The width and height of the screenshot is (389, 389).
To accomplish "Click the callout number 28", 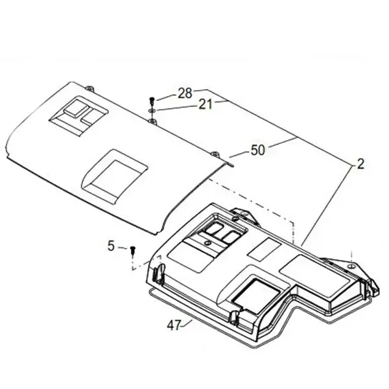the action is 185,93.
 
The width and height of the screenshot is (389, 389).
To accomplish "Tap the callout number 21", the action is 206,104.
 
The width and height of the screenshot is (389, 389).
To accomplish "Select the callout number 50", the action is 258,150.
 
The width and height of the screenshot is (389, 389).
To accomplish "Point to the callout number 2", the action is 360,164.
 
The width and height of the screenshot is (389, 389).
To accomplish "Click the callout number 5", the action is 111,246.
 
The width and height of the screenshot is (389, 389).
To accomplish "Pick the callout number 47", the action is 174,325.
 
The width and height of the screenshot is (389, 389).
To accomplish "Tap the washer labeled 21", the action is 152,110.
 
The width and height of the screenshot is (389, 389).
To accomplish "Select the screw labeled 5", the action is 133,250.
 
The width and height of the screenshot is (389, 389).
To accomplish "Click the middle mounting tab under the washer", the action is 152,121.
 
